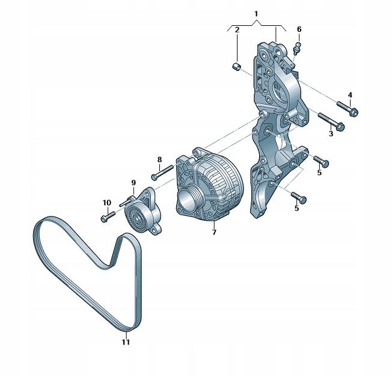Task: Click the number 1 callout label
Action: click(x=256, y=13)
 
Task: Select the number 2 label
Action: click(x=237, y=29)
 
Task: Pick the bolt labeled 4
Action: click(x=345, y=108)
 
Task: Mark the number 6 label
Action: click(x=299, y=29)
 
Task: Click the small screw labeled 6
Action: click(x=296, y=46)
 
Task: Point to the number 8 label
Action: click(x=159, y=159)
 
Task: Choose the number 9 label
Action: click(x=133, y=182)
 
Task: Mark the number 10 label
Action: click(x=106, y=203)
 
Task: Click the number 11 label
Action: click(x=125, y=343)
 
